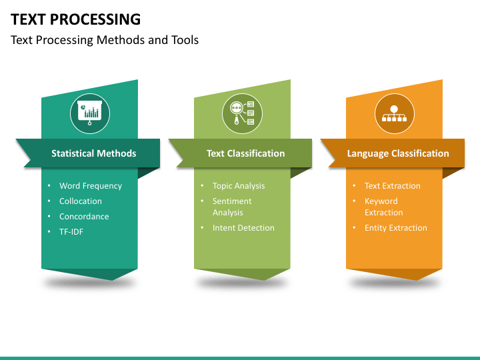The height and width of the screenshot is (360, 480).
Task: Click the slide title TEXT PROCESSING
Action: pyautogui.click(x=76, y=19)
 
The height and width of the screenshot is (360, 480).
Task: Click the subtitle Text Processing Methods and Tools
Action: pyautogui.click(x=105, y=40)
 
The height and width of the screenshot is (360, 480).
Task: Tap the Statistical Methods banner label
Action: pyautogui.click(x=93, y=153)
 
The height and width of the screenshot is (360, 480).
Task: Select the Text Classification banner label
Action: pyautogui.click(x=245, y=153)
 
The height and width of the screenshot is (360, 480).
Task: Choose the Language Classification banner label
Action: pyautogui.click(x=398, y=153)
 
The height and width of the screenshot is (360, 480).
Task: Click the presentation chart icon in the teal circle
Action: pyautogui.click(x=89, y=112)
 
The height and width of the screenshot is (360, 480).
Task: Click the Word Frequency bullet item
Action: pyautogui.click(x=91, y=186)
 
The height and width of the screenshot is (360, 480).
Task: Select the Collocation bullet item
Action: pyautogui.click(x=81, y=201)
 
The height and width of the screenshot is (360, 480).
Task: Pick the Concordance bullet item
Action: pyautogui.click(x=84, y=217)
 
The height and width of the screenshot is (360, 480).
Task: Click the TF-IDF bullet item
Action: pyautogui.click(x=71, y=232)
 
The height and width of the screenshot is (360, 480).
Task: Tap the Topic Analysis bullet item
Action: pyautogui.click(x=239, y=186)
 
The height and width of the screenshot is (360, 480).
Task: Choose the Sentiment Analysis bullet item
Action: pyautogui.click(x=232, y=207)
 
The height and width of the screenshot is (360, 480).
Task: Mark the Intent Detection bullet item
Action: pyautogui.click(x=243, y=228)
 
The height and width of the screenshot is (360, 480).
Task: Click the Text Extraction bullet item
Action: pyautogui.click(x=393, y=186)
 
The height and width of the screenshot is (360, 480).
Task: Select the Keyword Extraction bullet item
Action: pyautogui.click(x=383, y=207)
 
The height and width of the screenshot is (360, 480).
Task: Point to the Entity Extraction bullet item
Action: pyautogui.click(x=395, y=228)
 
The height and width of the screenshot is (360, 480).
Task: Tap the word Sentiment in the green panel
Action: pyautogui.click(x=232, y=201)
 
